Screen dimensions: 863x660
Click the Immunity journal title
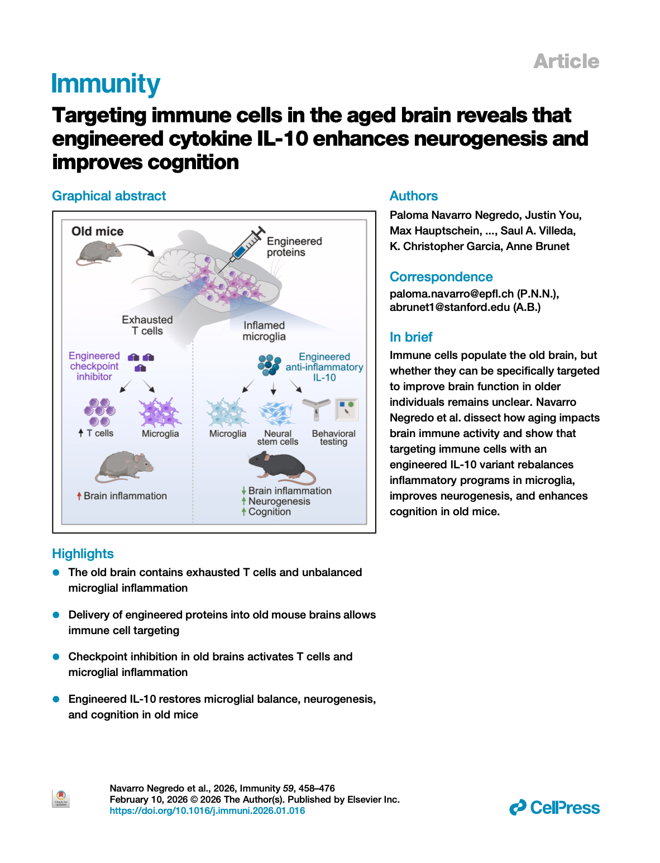[x=106, y=84]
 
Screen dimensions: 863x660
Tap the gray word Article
[x=566, y=61]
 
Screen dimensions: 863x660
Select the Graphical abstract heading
[x=109, y=196]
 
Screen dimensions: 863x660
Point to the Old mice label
[x=97, y=231]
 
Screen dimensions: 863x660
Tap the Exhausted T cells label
[x=147, y=325]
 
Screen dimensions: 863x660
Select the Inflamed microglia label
[x=264, y=330]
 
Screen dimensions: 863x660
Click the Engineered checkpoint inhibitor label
[x=94, y=366]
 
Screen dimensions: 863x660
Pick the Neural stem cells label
[x=278, y=437]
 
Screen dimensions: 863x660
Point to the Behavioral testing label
[x=333, y=437]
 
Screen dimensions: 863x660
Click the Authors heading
[x=413, y=196]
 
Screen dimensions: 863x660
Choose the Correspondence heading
[x=441, y=277]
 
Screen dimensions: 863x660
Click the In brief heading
[x=411, y=337]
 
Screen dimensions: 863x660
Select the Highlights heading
[x=83, y=554]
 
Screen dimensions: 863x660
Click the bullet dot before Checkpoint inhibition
[x=56, y=657]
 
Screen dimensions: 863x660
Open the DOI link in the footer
[x=207, y=811]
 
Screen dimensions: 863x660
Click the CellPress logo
[x=554, y=808]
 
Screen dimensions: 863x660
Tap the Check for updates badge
[x=61, y=798]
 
